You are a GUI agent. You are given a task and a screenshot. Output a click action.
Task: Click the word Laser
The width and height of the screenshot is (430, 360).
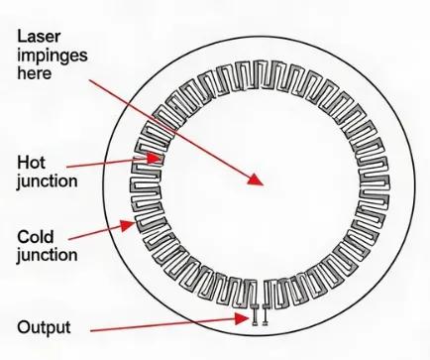(39, 36)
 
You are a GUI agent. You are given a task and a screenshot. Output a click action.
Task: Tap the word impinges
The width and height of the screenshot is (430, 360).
(53, 56)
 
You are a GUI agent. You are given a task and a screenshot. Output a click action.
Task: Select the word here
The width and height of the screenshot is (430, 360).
(35, 72)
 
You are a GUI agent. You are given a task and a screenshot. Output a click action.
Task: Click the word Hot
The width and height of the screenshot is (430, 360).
(31, 163)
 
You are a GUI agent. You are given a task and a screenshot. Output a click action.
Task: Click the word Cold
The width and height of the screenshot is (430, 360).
(36, 237)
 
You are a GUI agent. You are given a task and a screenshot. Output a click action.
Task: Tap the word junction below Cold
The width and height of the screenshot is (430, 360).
(48, 256)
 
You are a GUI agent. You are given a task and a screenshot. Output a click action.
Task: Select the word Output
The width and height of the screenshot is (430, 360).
(44, 327)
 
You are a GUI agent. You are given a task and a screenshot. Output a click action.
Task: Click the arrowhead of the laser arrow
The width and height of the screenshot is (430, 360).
(256, 180)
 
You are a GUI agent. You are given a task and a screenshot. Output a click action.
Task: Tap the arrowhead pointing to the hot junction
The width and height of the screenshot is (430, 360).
(154, 159)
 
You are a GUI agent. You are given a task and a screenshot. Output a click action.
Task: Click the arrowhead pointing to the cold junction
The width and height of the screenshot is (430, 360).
(127, 225)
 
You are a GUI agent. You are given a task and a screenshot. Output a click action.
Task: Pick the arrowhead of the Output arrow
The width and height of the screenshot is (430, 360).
(242, 318)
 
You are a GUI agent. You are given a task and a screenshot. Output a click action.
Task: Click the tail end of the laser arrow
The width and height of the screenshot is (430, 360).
(90, 80)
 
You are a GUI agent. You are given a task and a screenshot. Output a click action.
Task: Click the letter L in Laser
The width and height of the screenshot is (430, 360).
(21, 36)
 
